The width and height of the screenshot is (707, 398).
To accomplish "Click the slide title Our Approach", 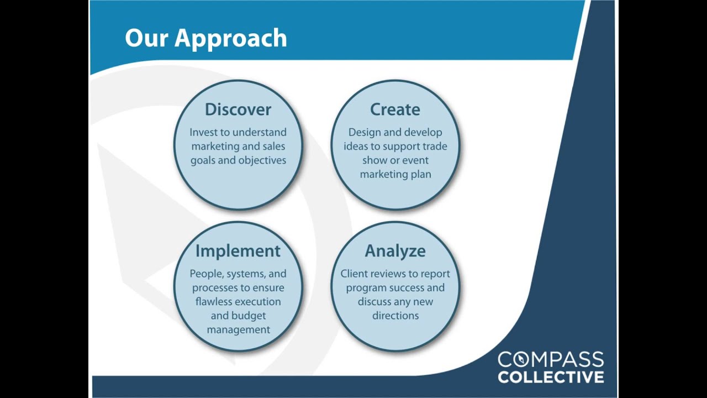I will pyautogui.click(x=205, y=39).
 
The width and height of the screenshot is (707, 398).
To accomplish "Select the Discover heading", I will pyautogui.click(x=238, y=109).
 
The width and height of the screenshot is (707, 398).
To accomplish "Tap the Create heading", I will pyautogui.click(x=395, y=109).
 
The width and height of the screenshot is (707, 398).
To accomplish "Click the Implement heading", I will pyautogui.click(x=238, y=251).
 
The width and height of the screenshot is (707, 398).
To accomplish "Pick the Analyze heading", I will pyautogui.click(x=395, y=251).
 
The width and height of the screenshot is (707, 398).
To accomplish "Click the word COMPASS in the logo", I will pyautogui.click(x=551, y=360).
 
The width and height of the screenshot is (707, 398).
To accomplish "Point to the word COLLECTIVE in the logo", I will pyautogui.click(x=551, y=377).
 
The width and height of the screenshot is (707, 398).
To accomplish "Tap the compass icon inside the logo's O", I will pyautogui.click(x=521, y=360).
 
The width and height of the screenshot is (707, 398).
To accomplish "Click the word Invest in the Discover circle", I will pyautogui.click(x=202, y=133).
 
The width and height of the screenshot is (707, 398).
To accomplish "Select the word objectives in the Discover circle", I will pyautogui.click(x=262, y=160).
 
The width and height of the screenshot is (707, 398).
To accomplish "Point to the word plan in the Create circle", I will pyautogui.click(x=421, y=174).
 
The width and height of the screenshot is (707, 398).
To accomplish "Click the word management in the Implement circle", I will pyautogui.click(x=238, y=330).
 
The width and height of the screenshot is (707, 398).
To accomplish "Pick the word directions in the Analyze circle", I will pyautogui.click(x=395, y=316).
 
